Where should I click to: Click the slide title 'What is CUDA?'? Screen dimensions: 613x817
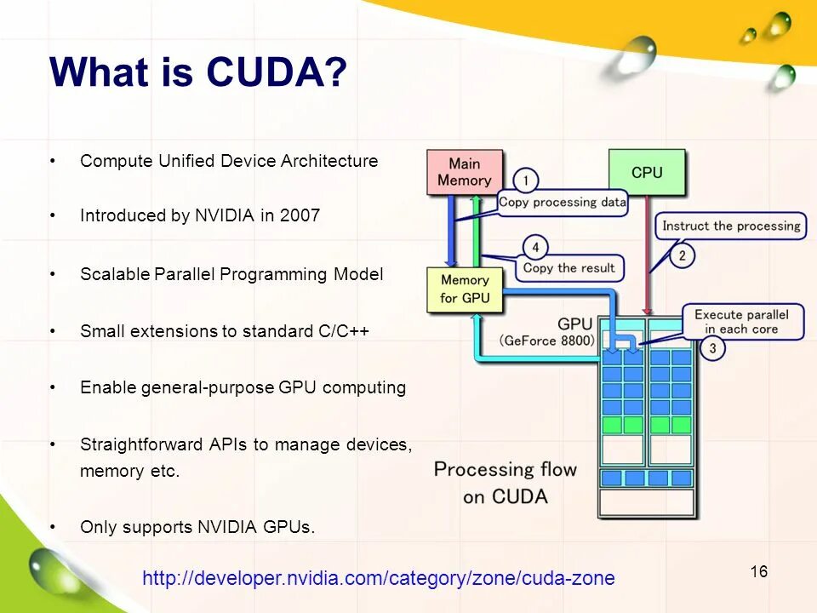199,72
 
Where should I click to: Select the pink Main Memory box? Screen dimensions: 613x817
465,172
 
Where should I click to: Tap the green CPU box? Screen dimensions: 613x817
647,173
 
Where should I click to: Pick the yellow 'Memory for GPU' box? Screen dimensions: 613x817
465,289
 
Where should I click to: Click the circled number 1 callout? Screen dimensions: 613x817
526,180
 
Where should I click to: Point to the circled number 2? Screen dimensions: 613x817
682,255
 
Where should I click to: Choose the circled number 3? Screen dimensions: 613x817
712,348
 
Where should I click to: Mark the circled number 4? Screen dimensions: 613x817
535,248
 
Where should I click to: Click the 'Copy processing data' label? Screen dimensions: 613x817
562,203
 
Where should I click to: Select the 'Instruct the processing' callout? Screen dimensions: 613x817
731,226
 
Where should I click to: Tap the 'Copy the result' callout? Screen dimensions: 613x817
568,268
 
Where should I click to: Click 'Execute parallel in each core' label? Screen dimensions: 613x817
741,322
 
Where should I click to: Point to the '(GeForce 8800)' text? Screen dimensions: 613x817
547,341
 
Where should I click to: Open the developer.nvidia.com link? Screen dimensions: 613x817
378,579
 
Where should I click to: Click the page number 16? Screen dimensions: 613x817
759,571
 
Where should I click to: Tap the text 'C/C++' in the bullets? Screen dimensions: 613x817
344,331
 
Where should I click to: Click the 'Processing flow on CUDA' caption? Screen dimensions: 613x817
505,482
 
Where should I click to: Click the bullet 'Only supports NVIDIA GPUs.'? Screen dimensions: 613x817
197,527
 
